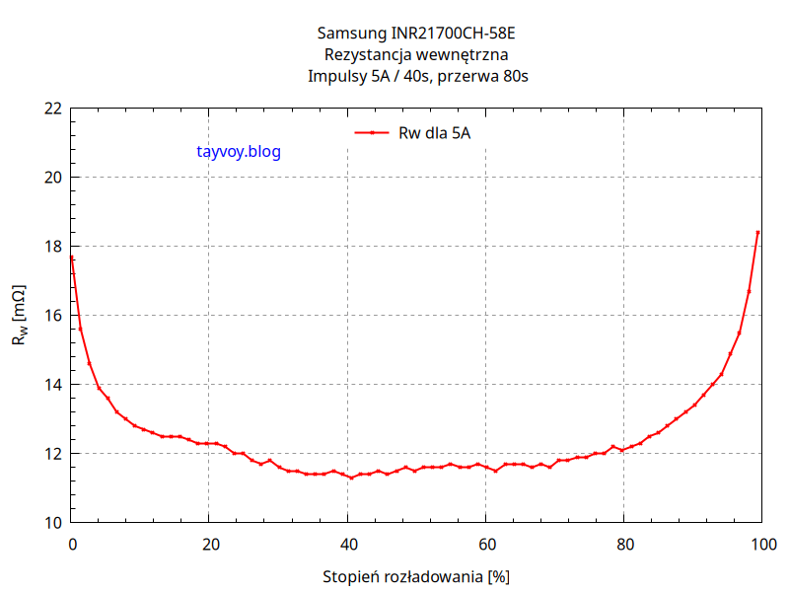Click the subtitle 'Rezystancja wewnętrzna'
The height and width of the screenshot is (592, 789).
(x=416, y=55)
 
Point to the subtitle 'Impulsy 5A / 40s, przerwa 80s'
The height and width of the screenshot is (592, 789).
(x=416, y=76)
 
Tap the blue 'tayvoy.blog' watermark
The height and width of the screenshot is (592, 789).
(x=240, y=152)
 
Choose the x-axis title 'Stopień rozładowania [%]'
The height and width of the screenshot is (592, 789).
(x=416, y=575)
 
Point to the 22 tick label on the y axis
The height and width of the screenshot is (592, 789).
(x=52, y=109)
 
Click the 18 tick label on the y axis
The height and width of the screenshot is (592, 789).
(x=52, y=247)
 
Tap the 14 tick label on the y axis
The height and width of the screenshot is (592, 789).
(x=52, y=385)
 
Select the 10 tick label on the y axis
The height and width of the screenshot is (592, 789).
(x=52, y=523)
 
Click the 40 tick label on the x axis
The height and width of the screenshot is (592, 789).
(x=347, y=544)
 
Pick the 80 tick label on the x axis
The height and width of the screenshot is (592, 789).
(x=623, y=544)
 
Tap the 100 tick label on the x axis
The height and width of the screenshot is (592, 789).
(x=761, y=544)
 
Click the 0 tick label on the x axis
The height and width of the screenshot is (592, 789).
(x=71, y=544)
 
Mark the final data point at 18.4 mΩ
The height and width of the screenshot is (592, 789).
(x=757, y=233)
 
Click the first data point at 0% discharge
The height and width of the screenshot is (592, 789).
(x=72, y=258)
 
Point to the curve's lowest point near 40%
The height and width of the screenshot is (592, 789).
(x=351, y=478)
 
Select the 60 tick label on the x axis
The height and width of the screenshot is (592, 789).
(x=485, y=544)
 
